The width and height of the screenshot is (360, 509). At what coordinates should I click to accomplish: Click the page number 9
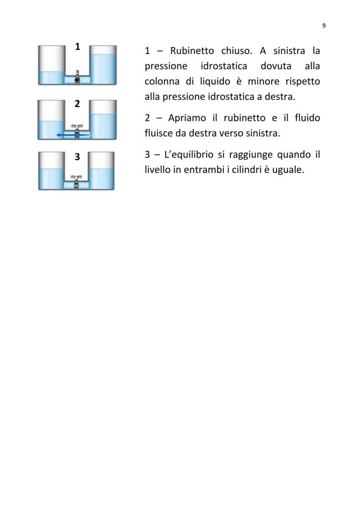click(324, 26)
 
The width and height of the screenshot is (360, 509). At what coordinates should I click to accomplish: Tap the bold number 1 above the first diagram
click(77, 47)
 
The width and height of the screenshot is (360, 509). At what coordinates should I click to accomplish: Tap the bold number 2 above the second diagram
click(77, 104)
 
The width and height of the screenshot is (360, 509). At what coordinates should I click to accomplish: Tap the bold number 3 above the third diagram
click(77, 157)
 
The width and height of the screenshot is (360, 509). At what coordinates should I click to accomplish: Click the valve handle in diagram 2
click(77, 127)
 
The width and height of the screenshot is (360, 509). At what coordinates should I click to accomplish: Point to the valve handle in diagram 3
click(77, 179)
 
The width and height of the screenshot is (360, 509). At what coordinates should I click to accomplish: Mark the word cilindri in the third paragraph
click(245, 170)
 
